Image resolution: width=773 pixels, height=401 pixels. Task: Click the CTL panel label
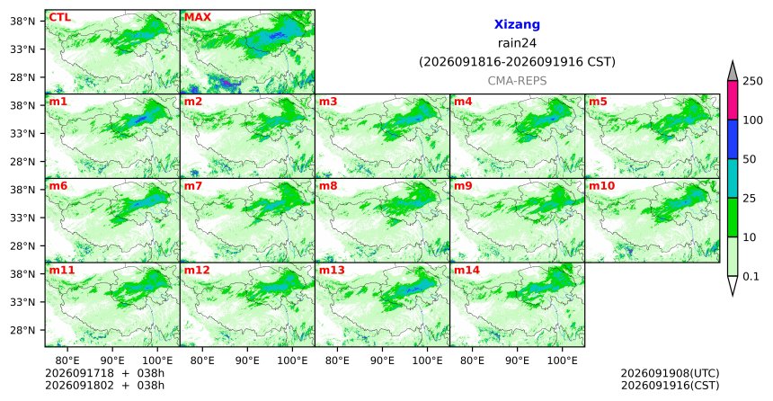tap(59, 17)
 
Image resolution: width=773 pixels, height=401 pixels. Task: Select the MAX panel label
tap(197, 17)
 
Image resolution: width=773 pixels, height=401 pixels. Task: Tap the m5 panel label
tap(598, 102)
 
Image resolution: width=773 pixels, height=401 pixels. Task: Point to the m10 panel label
tap(601, 186)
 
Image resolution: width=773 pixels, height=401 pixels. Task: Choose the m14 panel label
tap(466, 271)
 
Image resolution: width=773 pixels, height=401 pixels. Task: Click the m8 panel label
tap(328, 186)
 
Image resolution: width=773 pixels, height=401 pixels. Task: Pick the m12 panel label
tap(197, 271)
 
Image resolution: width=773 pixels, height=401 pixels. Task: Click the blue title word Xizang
tap(517, 24)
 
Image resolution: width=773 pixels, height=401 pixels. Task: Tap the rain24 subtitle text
tap(517, 43)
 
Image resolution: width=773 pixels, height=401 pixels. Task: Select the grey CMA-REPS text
tap(517, 81)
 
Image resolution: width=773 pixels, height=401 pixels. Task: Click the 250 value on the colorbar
tap(752, 81)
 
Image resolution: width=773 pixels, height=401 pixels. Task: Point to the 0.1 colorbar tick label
tap(751, 276)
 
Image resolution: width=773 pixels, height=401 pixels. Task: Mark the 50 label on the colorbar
tap(749, 159)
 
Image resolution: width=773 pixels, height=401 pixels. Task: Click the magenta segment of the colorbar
tap(733, 100)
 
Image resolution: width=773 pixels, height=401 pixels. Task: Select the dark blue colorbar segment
tap(733, 139)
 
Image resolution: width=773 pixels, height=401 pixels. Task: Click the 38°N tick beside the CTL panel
tap(22, 22)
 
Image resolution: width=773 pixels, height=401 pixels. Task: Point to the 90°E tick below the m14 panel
tap(518, 361)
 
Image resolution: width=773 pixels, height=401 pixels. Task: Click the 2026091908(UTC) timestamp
tap(670, 373)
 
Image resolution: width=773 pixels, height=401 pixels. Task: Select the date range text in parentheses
tap(517, 62)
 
